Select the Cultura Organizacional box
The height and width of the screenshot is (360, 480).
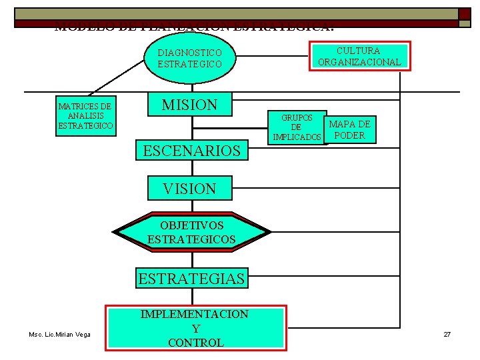tap(359, 56)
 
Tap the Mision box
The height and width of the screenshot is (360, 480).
tap(190, 105)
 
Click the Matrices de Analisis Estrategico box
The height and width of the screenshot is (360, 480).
tap(85, 116)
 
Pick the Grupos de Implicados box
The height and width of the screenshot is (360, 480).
tap(297, 127)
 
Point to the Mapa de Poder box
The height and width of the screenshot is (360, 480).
tap(350, 129)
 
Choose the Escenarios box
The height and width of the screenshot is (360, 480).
tap(191, 151)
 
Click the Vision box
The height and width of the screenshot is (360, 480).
tap(189, 189)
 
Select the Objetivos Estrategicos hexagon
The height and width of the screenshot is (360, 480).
tap(192, 232)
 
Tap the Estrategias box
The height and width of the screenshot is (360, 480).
tap(191, 278)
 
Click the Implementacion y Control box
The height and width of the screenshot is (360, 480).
tap(195, 328)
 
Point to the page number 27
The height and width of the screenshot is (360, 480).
tap(447, 333)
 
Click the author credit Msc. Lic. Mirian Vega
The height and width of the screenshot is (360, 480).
tap(59, 334)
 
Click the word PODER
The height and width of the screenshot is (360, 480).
tap(350, 135)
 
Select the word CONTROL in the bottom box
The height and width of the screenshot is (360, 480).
tap(195, 343)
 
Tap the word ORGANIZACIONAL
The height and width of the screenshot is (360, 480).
tap(359, 62)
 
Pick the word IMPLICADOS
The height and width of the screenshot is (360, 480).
tap(297, 137)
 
